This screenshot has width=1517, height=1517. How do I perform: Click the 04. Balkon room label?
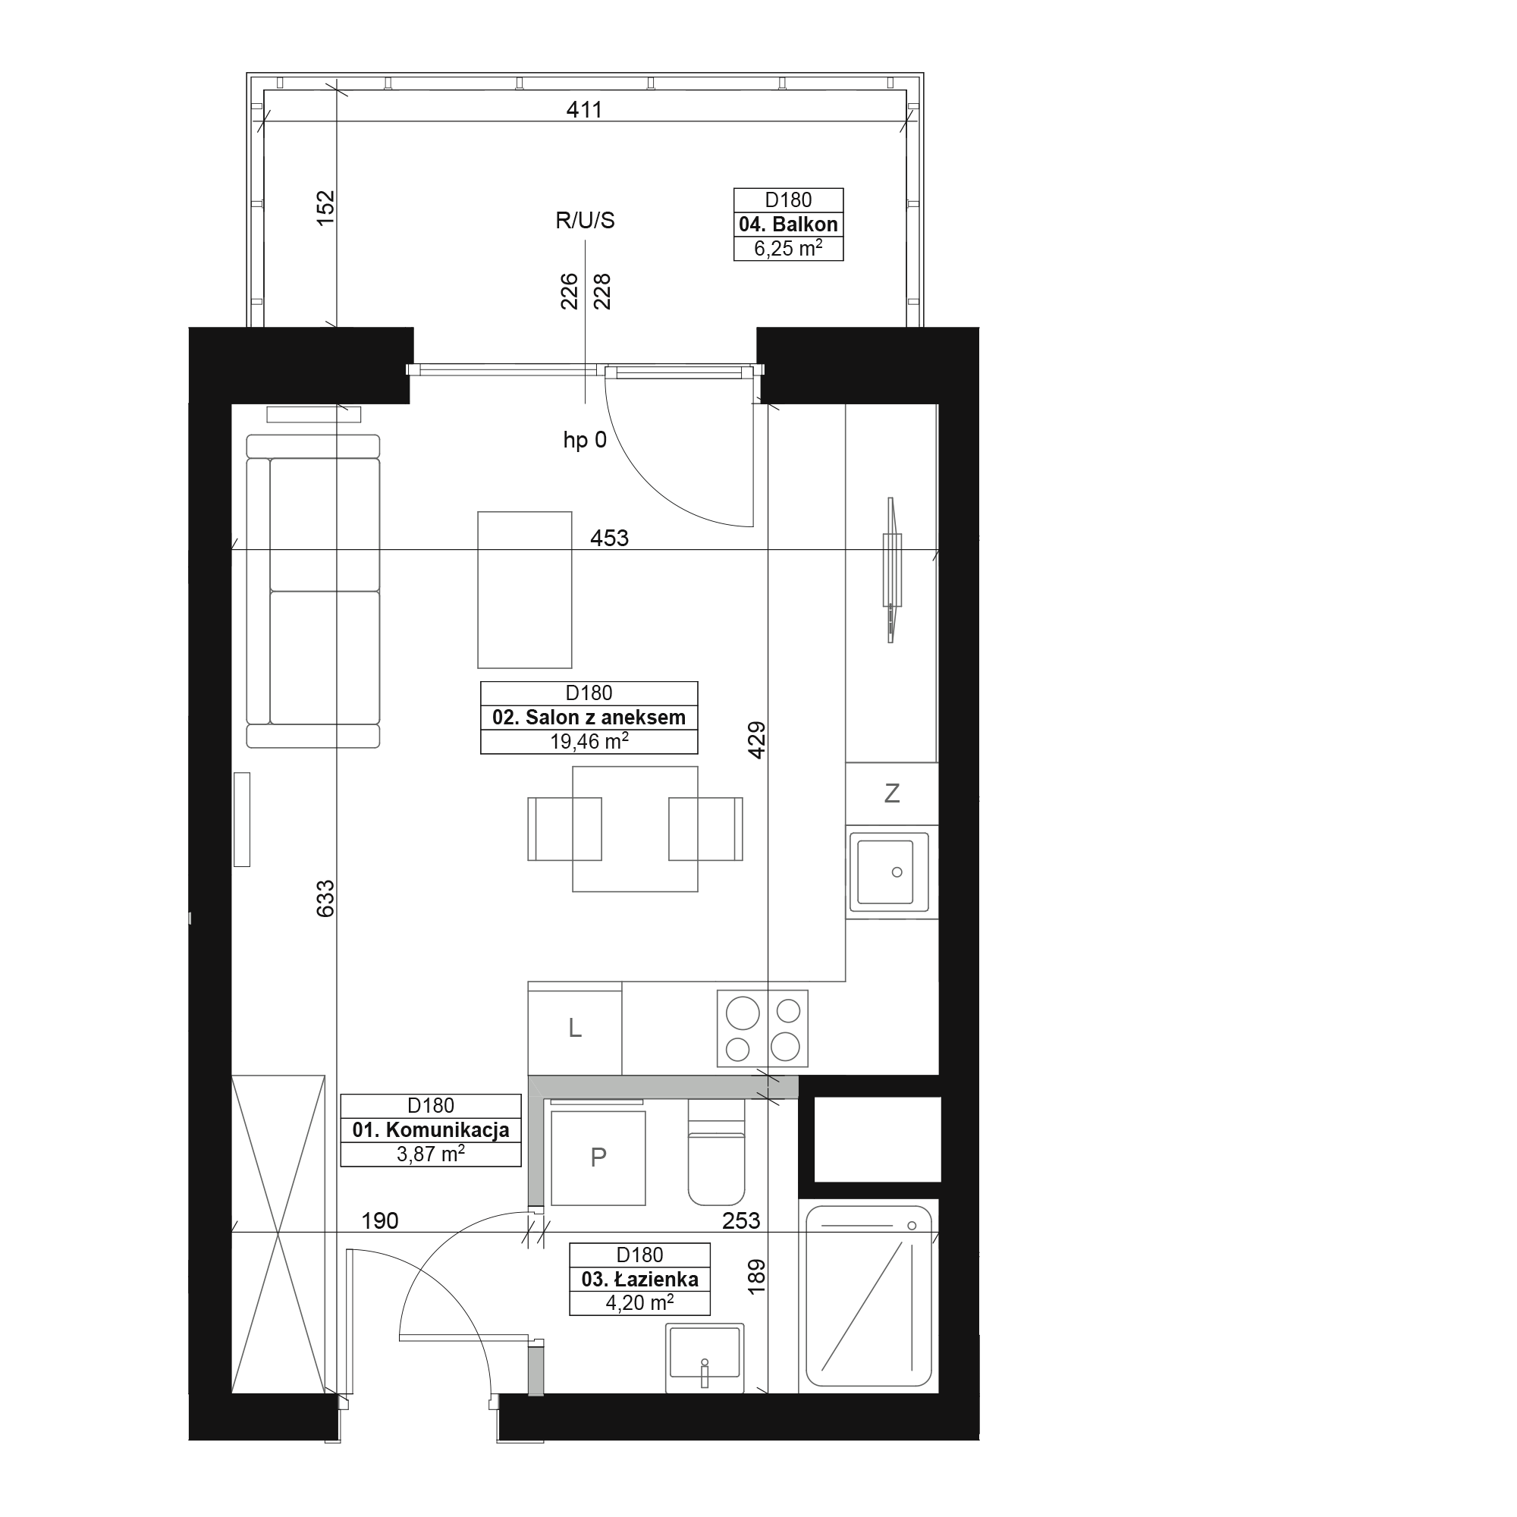pos(788,225)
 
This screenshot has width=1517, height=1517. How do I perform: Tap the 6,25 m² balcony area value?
pos(788,249)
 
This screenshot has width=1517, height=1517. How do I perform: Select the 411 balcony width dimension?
pos(584,110)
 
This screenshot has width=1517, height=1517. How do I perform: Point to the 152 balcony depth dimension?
pos(325,208)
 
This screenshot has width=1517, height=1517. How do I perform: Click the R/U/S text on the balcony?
pos(585,221)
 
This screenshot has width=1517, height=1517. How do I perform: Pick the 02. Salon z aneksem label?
pos(589,718)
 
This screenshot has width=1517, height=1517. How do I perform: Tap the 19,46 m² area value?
pos(589,741)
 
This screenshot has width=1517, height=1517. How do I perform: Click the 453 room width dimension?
pos(609,538)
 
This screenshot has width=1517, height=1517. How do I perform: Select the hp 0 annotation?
pos(585,441)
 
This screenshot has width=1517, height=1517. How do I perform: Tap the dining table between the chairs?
pos(635,829)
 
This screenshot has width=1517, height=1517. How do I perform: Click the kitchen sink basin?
pos(886,872)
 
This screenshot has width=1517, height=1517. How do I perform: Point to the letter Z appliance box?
pos(892,793)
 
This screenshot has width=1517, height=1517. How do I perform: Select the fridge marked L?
pos(575,1028)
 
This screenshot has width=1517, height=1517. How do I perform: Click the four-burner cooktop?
pos(762,1028)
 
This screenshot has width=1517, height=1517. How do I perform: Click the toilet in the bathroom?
pos(716,1152)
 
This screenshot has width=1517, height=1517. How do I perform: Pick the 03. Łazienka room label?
pos(640,1279)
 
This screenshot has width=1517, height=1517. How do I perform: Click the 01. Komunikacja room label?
pos(431,1130)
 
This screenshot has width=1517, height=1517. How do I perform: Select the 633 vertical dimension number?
pos(325,898)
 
